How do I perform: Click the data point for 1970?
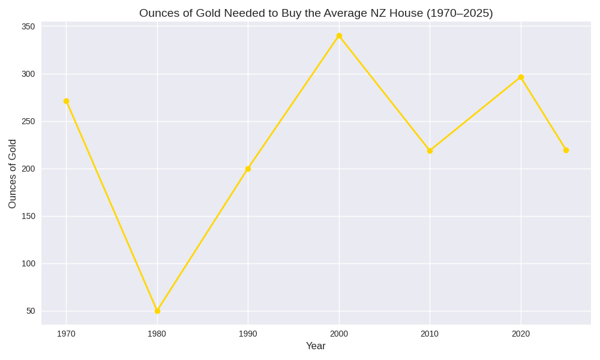coord(66,101)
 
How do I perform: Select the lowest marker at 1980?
coord(157,311)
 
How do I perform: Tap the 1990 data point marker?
coord(248,169)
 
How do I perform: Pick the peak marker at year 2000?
coord(339,36)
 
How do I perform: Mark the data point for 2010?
coord(430,151)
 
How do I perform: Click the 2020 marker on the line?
coord(521,77)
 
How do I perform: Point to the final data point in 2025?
coord(566,150)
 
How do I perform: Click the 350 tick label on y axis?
coord(28,26)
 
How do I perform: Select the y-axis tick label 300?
coord(28,74)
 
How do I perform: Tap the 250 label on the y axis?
coord(28,121)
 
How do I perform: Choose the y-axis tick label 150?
coord(28,216)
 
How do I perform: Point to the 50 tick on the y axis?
coord(31,311)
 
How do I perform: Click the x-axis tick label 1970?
coord(66,334)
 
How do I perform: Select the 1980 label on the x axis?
coord(157,334)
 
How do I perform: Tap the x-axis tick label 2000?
coord(339,334)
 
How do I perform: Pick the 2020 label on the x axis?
coord(521,334)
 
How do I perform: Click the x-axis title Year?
coord(316,346)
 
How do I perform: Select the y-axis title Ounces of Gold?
coord(13,174)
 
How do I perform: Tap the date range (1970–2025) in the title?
coord(460,13)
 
